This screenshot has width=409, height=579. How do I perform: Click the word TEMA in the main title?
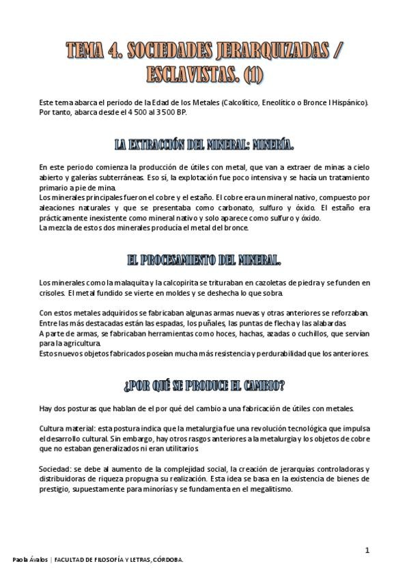click(x=86, y=51)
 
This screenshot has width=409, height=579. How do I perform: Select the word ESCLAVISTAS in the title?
click(x=191, y=73)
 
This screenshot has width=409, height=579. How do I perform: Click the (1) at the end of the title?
click(x=252, y=73)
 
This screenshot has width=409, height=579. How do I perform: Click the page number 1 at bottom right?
click(x=367, y=550)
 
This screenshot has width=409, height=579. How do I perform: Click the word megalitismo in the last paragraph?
click(x=270, y=489)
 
